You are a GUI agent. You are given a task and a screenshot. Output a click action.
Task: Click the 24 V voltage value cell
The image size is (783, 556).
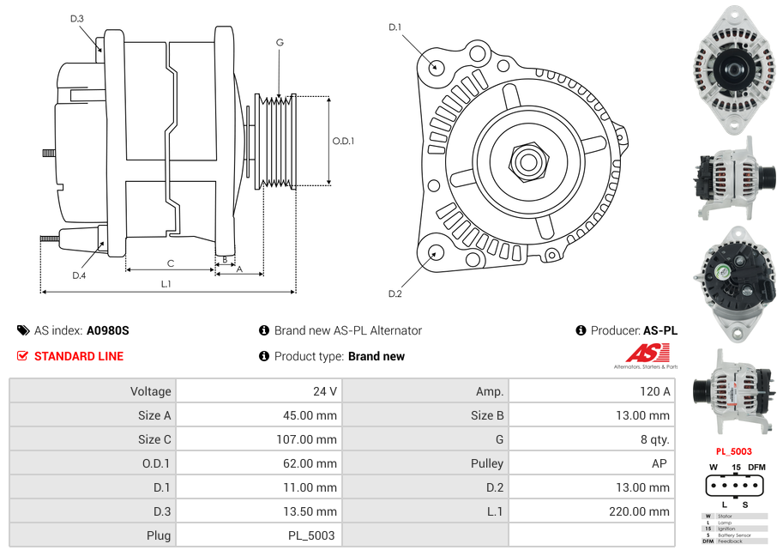tap(324, 391)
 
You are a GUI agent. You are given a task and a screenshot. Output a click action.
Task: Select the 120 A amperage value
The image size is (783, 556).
tap(654, 391)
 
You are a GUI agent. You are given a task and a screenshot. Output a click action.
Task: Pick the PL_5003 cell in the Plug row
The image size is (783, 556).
tap(311, 535)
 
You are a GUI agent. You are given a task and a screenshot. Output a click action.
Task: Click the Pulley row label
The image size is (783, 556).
tap(486, 463)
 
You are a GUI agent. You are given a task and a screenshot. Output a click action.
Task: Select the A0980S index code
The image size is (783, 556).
tap(107, 330)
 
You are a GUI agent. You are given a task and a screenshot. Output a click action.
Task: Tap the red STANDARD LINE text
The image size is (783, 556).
tap(78, 356)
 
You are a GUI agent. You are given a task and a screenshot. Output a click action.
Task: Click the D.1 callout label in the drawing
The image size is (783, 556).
tap(395, 27)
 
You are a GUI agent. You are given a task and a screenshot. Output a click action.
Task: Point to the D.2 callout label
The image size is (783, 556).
tap(395, 294)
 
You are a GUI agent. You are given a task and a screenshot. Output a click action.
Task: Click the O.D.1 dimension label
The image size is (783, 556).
tap(343, 142)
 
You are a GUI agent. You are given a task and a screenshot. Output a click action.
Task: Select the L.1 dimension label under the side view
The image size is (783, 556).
tap(166, 284)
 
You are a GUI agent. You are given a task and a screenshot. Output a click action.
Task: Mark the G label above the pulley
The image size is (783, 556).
tap(280, 42)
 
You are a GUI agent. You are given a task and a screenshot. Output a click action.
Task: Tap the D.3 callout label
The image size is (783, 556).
tap(77, 18)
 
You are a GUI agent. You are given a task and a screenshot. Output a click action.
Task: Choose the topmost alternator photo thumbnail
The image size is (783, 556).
tap(733, 69)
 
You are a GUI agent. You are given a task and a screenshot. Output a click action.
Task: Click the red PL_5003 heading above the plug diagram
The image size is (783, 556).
tap(733, 451)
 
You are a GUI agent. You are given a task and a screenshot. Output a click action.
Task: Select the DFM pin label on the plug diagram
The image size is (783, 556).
tap(756, 467)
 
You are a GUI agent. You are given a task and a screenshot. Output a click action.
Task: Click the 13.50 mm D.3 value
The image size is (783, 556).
tap(311, 511)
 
